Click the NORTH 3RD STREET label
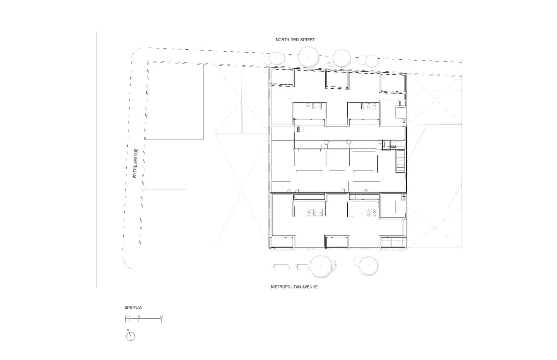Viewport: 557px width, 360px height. [x=295, y=40]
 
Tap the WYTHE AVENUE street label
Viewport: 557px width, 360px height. [x=135, y=163]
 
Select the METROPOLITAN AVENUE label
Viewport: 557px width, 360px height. [x=294, y=287]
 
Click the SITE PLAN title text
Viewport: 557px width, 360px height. [x=134, y=307]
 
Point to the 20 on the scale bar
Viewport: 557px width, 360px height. [x=162, y=317]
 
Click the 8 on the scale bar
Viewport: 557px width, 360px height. [x=139, y=317]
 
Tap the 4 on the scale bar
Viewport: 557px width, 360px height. [x=130, y=317]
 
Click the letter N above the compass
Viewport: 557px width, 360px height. [x=128, y=330]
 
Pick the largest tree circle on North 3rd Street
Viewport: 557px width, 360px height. [x=308, y=57]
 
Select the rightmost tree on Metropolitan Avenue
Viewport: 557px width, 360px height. [x=369, y=266]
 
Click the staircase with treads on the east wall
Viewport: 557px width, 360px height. [x=401, y=161]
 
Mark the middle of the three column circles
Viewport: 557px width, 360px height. [x=349, y=142]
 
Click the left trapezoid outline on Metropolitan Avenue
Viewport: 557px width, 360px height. [x=282, y=267]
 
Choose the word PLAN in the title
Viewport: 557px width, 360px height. [x=138, y=307]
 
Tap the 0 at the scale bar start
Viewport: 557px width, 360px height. [x=126, y=317]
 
